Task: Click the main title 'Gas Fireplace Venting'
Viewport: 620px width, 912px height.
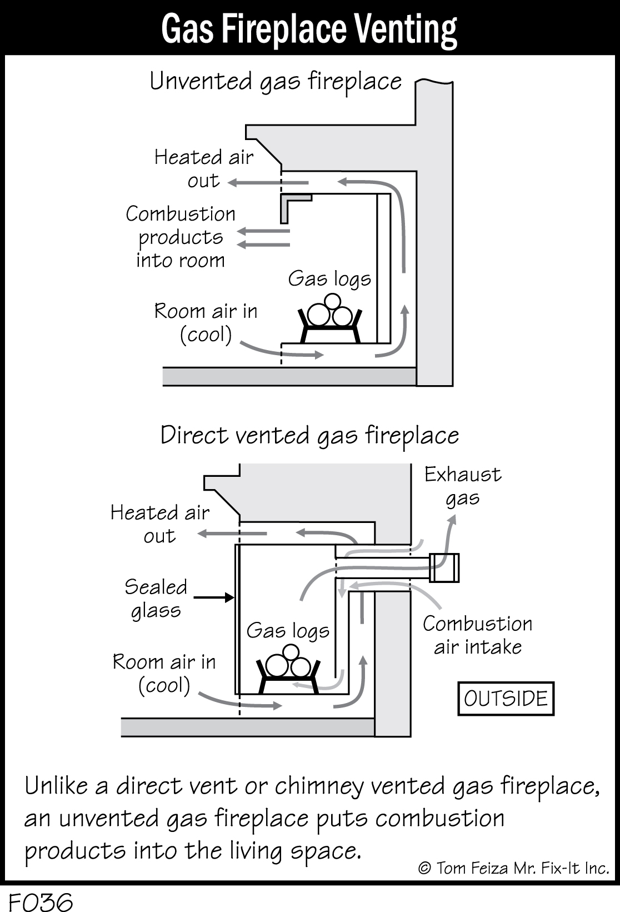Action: pos(309,29)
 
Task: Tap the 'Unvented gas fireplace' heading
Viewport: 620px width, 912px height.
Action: pos(276,82)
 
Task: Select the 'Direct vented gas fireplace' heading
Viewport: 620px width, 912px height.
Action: pos(309,435)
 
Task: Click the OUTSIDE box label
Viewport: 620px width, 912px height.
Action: pos(506,698)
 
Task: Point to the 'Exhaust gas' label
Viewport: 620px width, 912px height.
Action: pos(463,486)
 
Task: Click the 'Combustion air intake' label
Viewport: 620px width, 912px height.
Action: pos(477,635)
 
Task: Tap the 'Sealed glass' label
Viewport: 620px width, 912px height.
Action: pos(156,598)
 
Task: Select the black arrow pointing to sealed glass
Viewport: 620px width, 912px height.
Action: pos(214,597)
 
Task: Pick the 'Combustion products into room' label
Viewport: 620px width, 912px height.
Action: pos(181,237)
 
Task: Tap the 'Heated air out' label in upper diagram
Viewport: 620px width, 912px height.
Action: pos(204,168)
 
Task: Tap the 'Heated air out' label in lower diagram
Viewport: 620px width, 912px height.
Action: pos(160,524)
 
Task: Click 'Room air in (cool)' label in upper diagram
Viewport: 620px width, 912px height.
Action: pos(206,322)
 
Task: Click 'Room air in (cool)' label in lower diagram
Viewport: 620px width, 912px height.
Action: pos(164,673)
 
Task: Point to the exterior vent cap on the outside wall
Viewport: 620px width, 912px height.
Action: pos(444,567)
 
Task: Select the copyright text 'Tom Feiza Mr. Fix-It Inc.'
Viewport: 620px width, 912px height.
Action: pos(514,868)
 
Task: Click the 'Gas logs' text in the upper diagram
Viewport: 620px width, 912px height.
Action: pos(329,278)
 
